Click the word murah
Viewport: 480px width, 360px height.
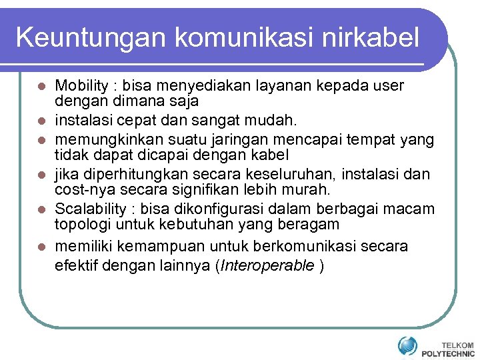point(308,190)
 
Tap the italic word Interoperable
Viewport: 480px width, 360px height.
point(267,266)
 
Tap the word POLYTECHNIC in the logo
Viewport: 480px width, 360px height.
point(448,353)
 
